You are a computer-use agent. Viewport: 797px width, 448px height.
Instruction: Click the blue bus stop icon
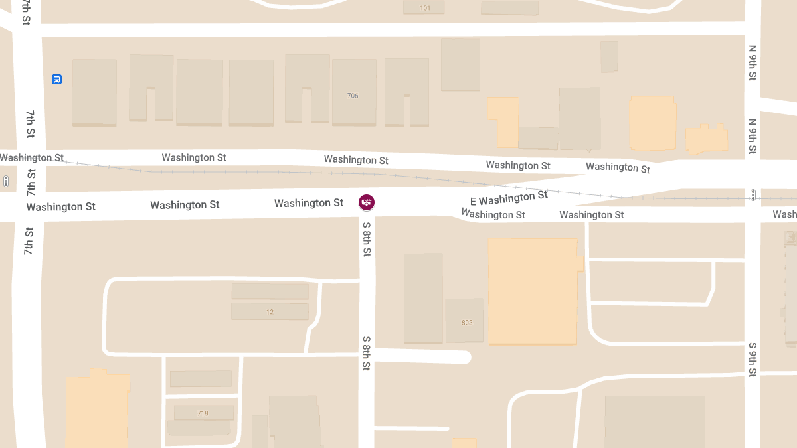(57, 80)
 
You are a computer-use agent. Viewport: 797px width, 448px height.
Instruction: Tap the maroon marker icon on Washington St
(366, 202)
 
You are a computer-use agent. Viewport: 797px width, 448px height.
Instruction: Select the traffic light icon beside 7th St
(6, 181)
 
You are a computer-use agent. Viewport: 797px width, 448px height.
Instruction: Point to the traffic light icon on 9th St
(753, 195)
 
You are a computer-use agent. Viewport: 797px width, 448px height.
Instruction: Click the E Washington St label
(509, 198)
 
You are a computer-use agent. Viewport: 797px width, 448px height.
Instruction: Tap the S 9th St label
(753, 360)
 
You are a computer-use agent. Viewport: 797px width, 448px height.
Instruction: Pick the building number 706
(353, 96)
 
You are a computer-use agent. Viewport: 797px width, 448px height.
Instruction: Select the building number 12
(270, 311)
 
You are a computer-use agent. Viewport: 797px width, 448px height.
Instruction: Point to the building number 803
(467, 323)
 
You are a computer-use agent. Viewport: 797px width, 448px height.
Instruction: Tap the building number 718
(203, 413)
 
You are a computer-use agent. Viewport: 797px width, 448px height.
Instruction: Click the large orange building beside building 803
(533, 292)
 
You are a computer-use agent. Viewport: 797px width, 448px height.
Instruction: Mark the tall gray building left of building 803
(423, 298)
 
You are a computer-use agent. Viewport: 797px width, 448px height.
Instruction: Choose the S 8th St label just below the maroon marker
(367, 239)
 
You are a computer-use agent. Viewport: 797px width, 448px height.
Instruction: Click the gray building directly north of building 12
(270, 291)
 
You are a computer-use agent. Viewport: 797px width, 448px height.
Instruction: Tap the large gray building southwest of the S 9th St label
(654, 421)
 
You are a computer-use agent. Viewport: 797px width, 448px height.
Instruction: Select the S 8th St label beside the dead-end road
(366, 352)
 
